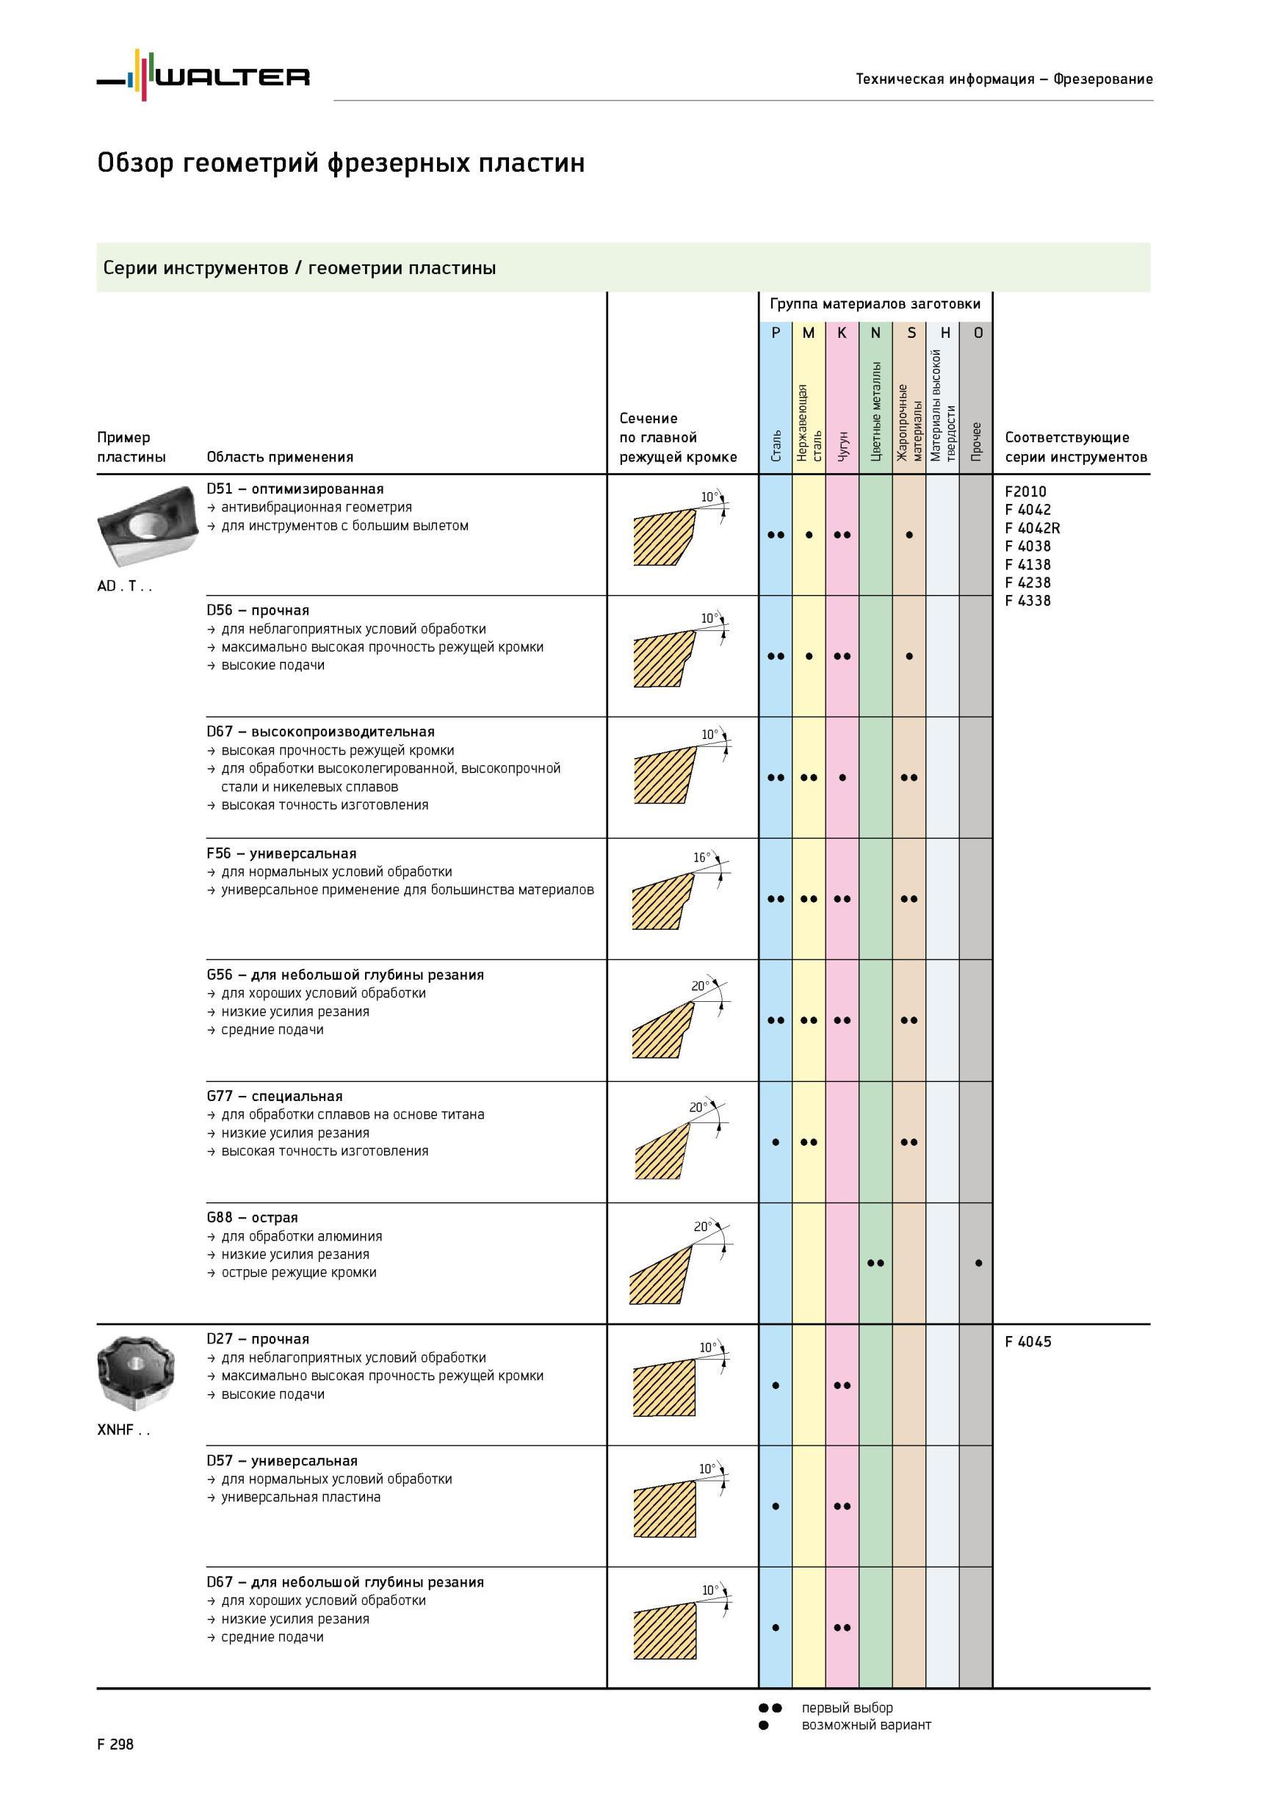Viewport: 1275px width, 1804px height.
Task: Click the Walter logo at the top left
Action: pos(203,76)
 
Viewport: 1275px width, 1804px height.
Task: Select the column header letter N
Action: pos(875,333)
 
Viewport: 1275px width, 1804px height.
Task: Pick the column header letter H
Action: pos(945,333)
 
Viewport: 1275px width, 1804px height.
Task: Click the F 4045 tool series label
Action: pos(1027,1342)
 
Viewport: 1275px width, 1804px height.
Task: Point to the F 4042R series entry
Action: pos(1032,528)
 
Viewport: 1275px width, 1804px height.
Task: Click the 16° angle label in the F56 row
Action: pos(701,857)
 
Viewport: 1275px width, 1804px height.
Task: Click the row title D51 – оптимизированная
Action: pos(295,488)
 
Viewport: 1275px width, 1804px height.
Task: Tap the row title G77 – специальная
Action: pos(275,1096)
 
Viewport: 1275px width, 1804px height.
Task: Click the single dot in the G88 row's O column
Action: pos(978,1263)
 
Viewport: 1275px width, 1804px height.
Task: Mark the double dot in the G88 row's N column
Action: pos(875,1263)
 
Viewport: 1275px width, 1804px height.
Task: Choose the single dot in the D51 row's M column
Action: pos(809,535)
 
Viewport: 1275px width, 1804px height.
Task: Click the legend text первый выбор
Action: pos(847,1707)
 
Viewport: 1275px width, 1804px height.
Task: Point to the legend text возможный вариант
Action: pos(866,1725)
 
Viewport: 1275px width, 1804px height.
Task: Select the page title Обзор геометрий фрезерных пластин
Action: pos(341,163)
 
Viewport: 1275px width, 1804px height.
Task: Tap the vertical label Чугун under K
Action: pos(842,446)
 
